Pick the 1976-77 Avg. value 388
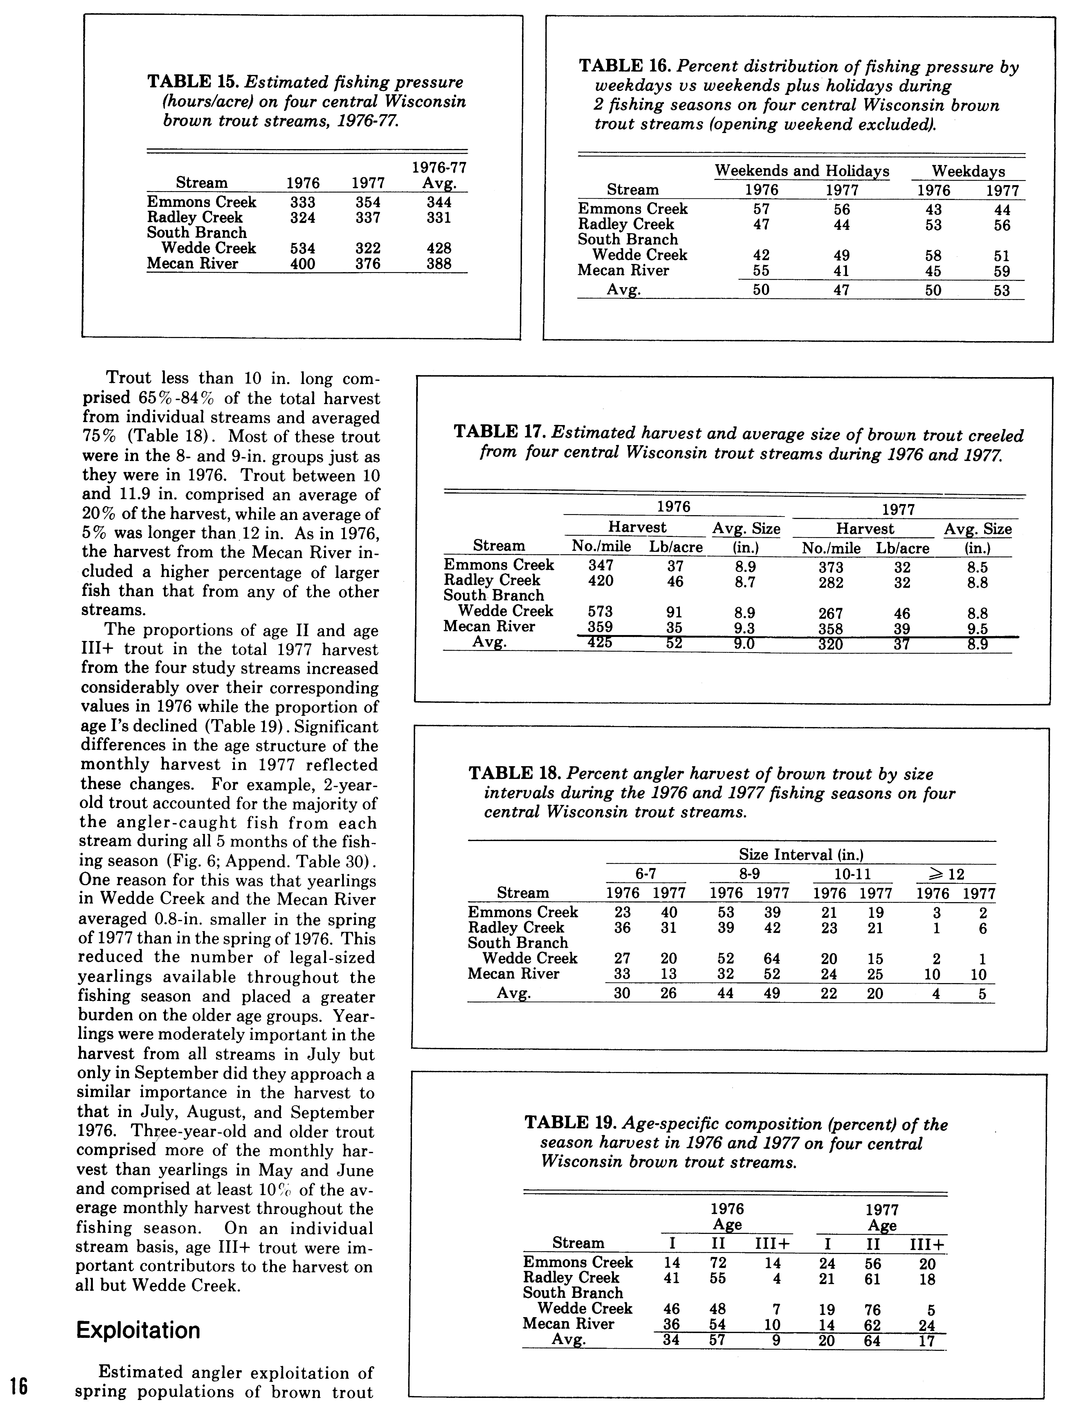click(x=439, y=263)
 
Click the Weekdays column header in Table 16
click(x=968, y=171)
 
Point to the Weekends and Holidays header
click(x=802, y=171)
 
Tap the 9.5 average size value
click(x=977, y=629)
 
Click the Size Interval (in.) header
click(x=801, y=854)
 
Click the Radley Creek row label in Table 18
click(x=516, y=928)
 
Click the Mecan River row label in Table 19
click(x=568, y=1324)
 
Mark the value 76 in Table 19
click(x=872, y=1309)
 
